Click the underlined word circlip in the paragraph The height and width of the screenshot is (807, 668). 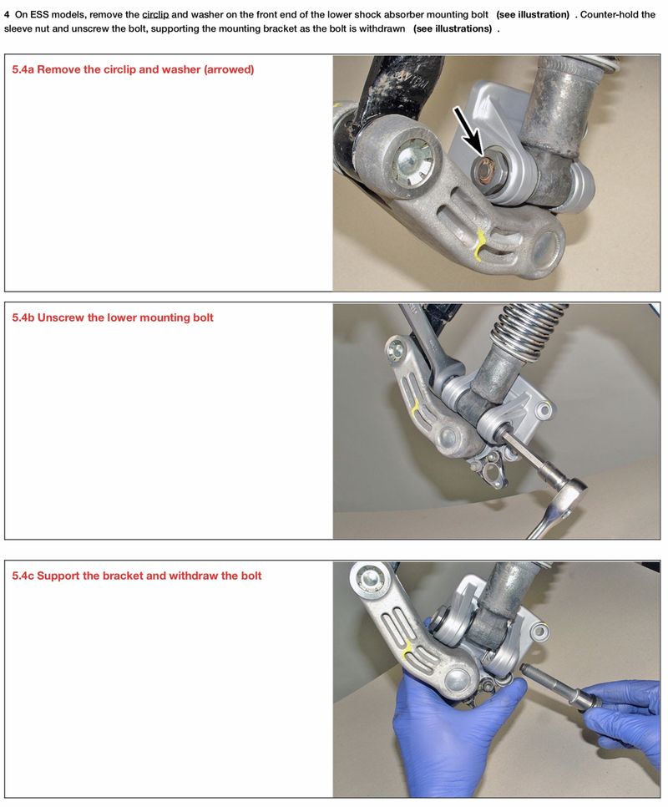click(155, 14)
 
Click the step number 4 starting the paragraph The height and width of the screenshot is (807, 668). click(7, 14)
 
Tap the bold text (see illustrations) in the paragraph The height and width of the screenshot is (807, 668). click(452, 28)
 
